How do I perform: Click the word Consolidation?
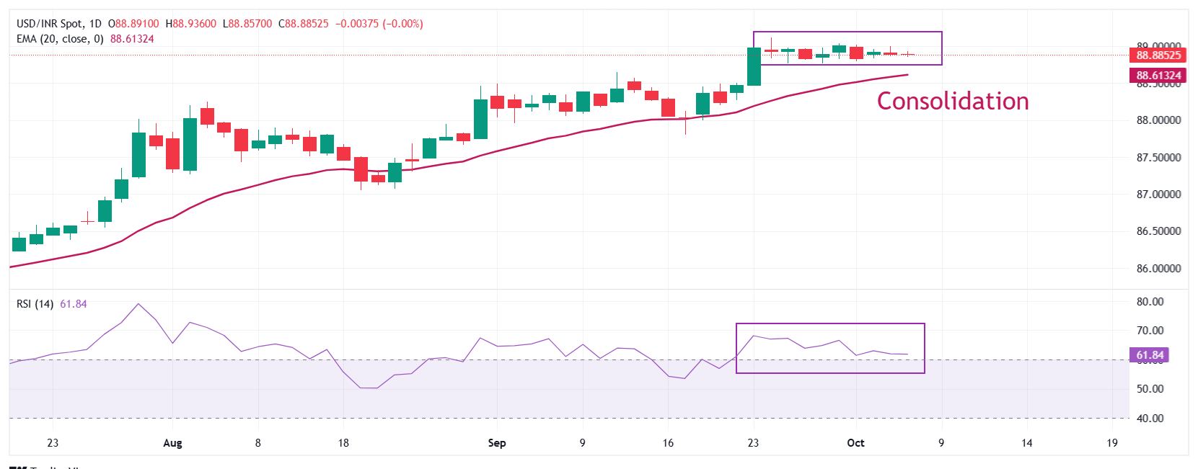point(952,101)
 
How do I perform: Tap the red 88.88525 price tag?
point(1158,55)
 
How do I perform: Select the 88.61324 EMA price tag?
point(1158,75)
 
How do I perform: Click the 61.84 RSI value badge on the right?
point(1150,355)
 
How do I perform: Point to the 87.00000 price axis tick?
point(1158,195)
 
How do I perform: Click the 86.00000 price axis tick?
point(1158,269)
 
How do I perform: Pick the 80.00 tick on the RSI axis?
point(1150,302)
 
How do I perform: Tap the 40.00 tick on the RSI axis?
point(1150,419)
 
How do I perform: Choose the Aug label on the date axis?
point(172,443)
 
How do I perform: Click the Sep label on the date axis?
point(497,443)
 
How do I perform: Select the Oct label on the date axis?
point(855,443)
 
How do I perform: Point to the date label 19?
point(1112,443)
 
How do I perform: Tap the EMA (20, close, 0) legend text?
point(60,39)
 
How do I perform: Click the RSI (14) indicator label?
point(35,304)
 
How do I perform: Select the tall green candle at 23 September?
point(754,66)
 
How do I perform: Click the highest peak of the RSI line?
point(138,303)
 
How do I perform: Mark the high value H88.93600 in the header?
point(191,24)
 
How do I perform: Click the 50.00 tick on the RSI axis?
point(1150,389)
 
